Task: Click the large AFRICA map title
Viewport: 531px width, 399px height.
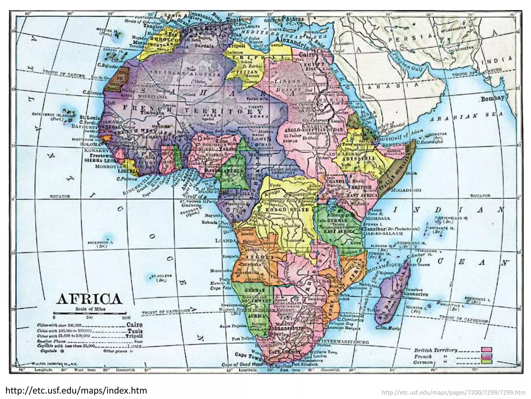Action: click(x=89, y=299)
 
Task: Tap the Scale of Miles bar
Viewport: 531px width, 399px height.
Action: click(x=90, y=314)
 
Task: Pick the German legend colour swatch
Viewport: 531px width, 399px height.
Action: click(x=486, y=362)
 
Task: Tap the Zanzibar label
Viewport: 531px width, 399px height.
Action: click(x=374, y=229)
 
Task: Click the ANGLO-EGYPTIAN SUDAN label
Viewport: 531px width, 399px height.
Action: click(x=314, y=130)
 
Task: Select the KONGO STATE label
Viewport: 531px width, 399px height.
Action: click(x=287, y=209)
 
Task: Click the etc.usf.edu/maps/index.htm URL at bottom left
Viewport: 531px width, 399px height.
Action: click(x=76, y=390)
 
